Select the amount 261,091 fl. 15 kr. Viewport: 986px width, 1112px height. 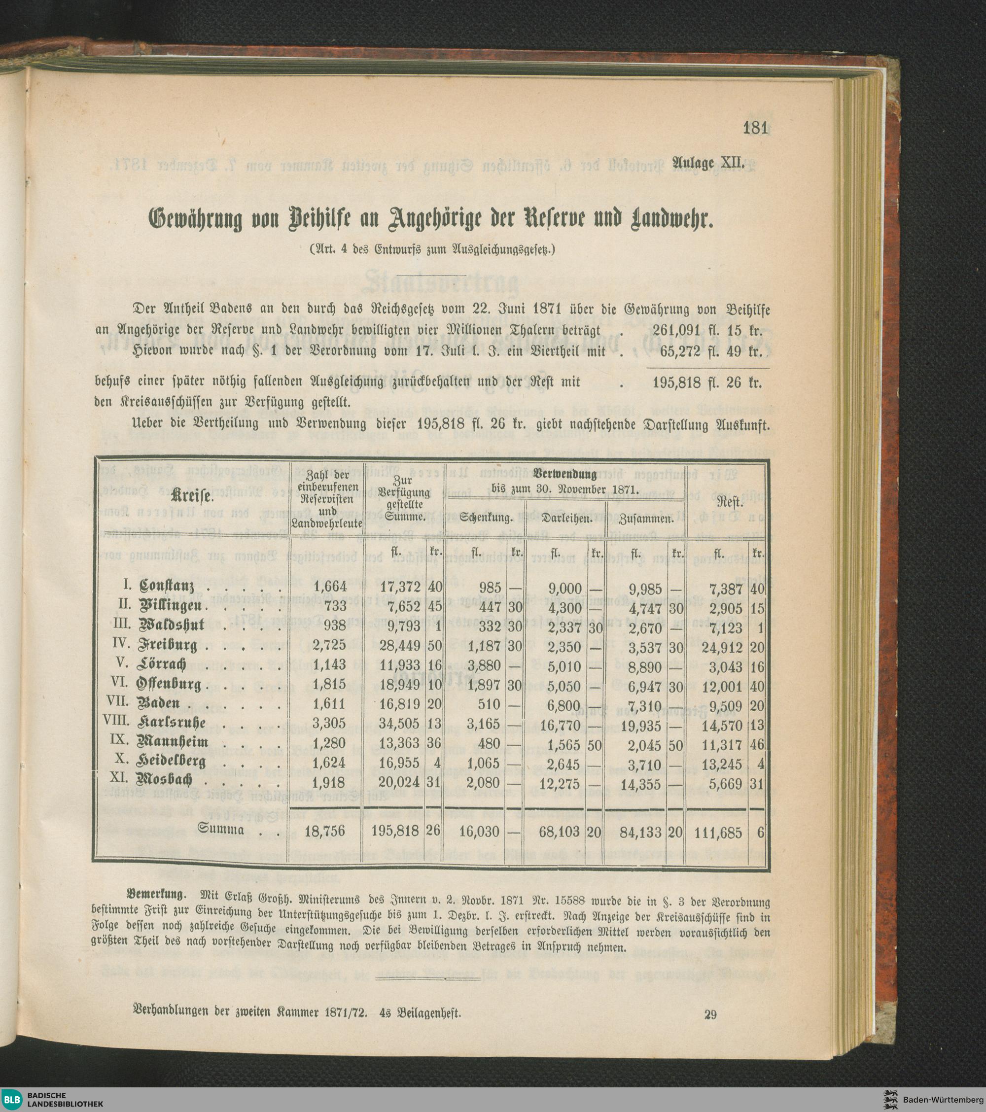(707, 330)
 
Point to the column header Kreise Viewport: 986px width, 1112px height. (192, 497)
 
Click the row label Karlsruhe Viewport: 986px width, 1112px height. (172, 723)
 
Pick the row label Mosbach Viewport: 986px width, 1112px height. (166, 780)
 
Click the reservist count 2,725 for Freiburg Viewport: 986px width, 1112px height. (329, 647)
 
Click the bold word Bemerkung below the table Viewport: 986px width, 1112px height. (156, 893)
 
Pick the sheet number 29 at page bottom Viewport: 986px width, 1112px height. (710, 1014)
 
